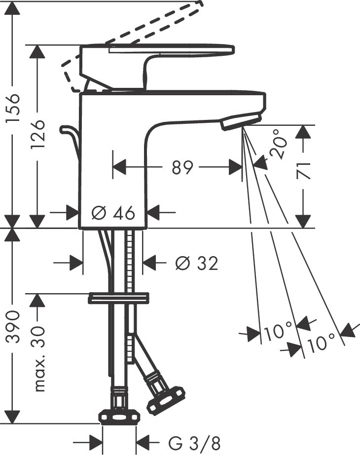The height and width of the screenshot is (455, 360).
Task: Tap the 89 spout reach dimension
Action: (182, 168)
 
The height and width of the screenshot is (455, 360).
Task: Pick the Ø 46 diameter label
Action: (113, 213)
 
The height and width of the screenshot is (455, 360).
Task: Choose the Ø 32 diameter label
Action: (196, 264)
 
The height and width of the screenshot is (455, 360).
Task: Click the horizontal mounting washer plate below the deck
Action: (118, 298)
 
